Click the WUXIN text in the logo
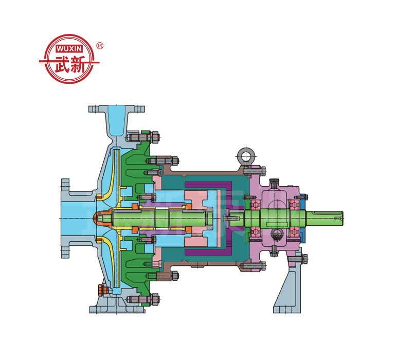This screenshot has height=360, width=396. [x=69, y=48]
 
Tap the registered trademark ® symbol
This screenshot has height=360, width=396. [x=100, y=46]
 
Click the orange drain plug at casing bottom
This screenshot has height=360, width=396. [x=101, y=291]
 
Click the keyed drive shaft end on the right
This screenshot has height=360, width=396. [x=325, y=218]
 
